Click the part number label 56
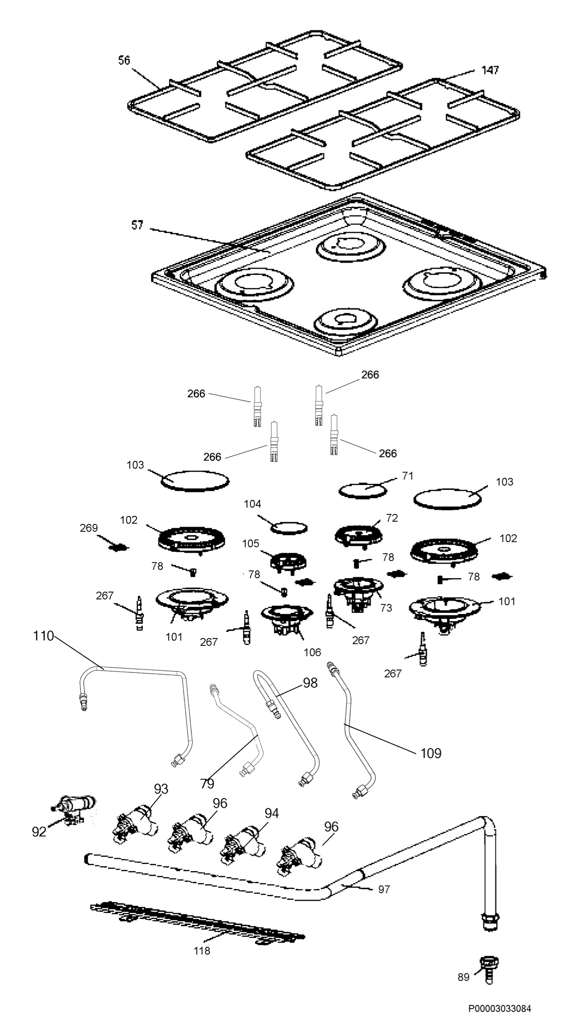[124, 61]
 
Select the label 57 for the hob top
[137, 225]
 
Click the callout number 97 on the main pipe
[384, 890]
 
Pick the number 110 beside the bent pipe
[44, 636]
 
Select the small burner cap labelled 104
[289, 528]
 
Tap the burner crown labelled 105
[288, 561]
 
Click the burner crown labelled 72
[359, 535]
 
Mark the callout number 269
[89, 528]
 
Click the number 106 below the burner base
[312, 653]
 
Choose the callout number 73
[386, 608]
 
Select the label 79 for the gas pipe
[207, 784]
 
